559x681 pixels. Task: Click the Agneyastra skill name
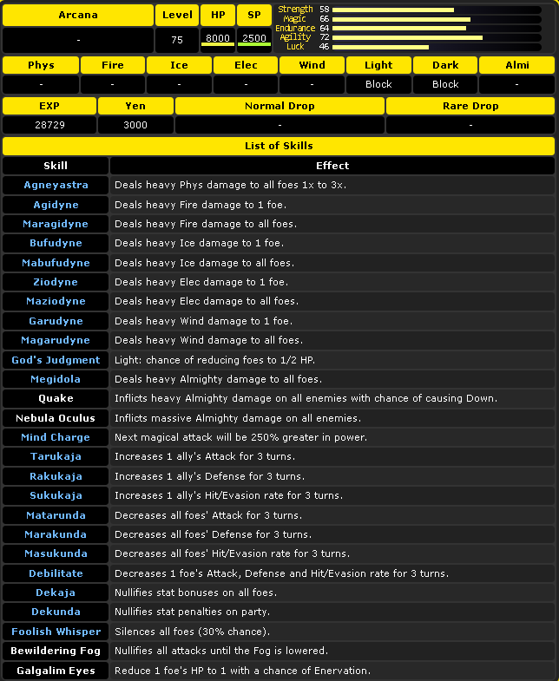(x=56, y=185)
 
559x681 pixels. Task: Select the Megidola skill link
(x=56, y=379)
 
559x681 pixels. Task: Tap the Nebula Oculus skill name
(x=56, y=418)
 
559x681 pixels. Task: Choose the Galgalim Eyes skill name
(x=56, y=671)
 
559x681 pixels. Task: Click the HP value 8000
(x=218, y=38)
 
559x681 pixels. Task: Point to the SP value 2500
(x=254, y=38)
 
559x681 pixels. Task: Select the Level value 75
(x=177, y=39)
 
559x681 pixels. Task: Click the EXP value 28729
(x=49, y=125)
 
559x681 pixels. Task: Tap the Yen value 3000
(x=135, y=125)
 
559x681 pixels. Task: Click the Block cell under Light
(x=378, y=84)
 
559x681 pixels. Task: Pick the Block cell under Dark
(x=445, y=84)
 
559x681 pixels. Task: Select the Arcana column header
(x=78, y=15)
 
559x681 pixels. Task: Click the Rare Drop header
(x=470, y=106)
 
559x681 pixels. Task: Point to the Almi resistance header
(x=516, y=65)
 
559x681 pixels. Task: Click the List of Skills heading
(x=279, y=146)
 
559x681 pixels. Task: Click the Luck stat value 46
(x=324, y=47)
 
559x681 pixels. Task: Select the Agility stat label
(x=294, y=37)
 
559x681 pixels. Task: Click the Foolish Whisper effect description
(x=192, y=632)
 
